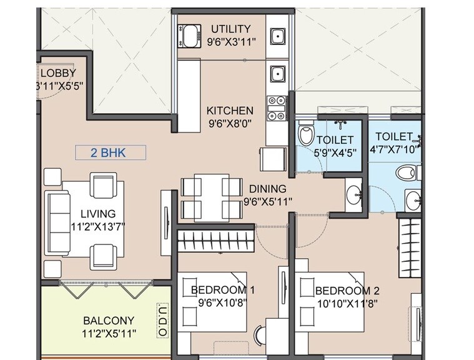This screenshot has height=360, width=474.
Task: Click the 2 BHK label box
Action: click(x=110, y=152)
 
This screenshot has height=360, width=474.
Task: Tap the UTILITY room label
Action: click(x=230, y=29)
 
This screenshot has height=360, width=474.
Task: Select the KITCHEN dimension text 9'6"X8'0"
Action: click(x=230, y=123)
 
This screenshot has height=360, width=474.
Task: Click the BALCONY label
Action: click(x=109, y=321)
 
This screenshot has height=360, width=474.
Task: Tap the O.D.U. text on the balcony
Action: click(x=162, y=322)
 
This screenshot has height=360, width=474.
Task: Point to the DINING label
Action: click(x=267, y=189)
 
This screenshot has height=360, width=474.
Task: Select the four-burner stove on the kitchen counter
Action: click(x=275, y=107)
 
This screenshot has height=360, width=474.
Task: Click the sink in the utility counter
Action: click(x=276, y=36)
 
